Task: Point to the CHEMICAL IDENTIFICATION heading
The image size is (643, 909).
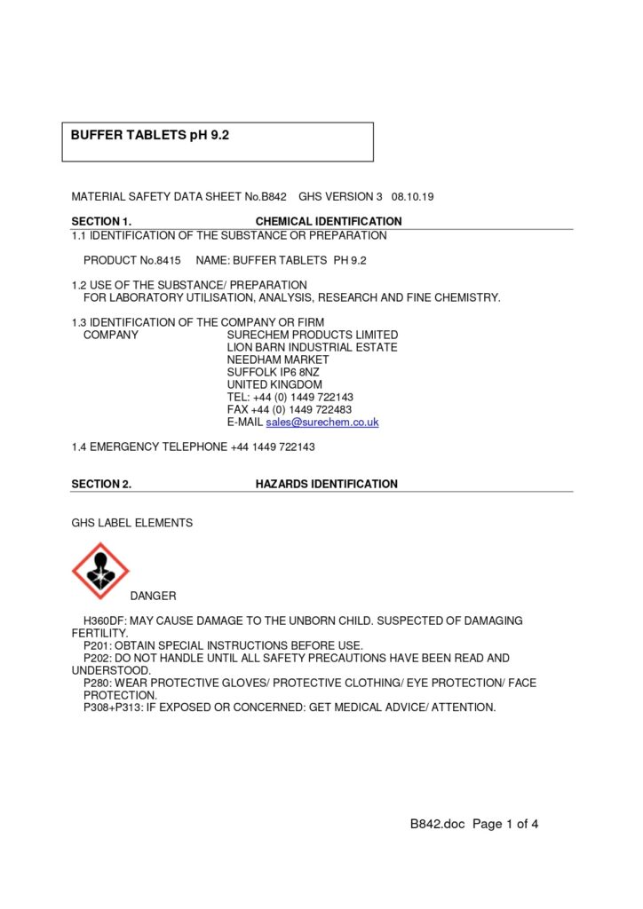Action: (x=329, y=221)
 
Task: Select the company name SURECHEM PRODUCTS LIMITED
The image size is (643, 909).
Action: (x=313, y=335)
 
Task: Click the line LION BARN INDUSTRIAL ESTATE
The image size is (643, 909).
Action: (x=312, y=347)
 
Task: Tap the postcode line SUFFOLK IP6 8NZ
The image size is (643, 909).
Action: (x=273, y=372)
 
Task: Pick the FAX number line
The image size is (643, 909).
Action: (x=290, y=409)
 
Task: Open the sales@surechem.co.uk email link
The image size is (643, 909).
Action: (x=322, y=423)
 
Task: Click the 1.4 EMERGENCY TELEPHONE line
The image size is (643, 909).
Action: (x=193, y=447)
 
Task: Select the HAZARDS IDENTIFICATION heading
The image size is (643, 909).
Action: (x=326, y=484)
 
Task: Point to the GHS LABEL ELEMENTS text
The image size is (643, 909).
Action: (x=131, y=523)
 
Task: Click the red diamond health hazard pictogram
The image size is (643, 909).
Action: (x=100, y=571)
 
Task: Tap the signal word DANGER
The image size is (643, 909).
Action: (x=153, y=596)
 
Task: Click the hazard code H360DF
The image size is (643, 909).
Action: (x=104, y=620)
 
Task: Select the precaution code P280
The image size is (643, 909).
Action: (x=97, y=683)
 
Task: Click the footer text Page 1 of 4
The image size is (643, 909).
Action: (x=505, y=824)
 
